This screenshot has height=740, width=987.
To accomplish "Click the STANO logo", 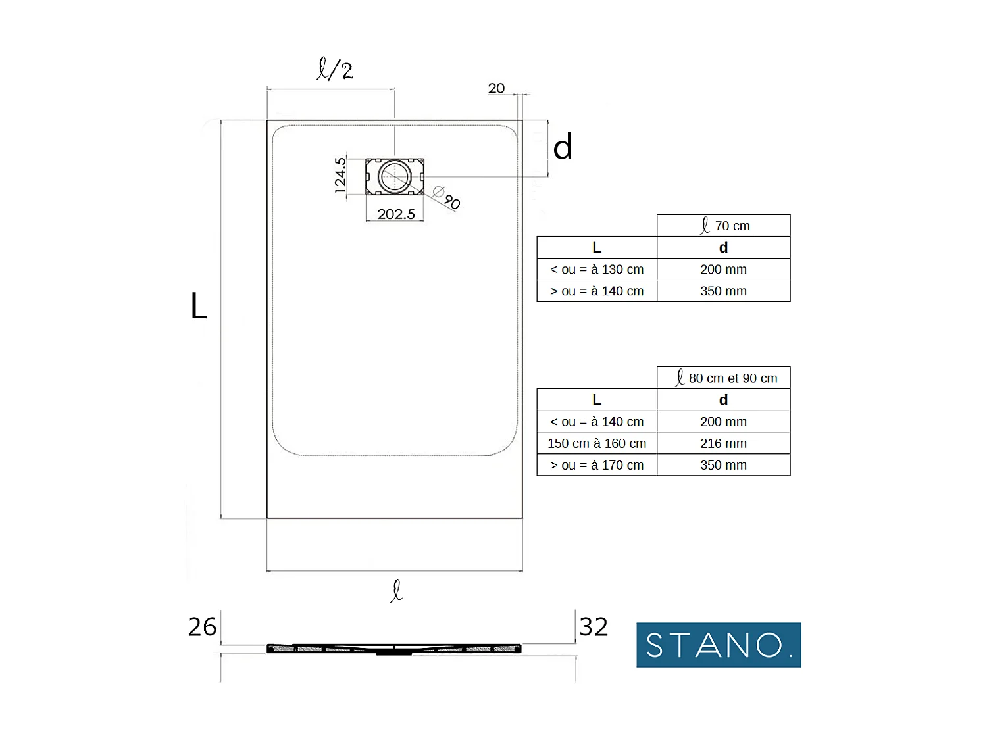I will (x=718, y=645).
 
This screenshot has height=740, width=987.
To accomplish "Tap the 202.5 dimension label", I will (x=396, y=214).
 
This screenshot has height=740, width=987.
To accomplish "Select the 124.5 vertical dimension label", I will (x=340, y=176).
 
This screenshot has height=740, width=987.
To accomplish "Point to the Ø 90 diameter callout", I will (x=447, y=197).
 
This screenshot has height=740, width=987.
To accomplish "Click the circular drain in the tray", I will (x=395, y=176).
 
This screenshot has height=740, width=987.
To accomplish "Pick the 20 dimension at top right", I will (x=496, y=88).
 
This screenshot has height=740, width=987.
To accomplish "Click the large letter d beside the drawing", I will (x=563, y=147).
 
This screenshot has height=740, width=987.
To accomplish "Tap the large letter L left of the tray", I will (x=198, y=307).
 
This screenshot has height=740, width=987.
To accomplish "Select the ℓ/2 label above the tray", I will (x=335, y=69).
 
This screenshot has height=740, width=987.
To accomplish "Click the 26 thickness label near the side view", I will (x=202, y=627).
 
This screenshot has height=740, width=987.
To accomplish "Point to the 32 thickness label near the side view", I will (x=594, y=627).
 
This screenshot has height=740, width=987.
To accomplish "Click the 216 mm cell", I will (x=723, y=443).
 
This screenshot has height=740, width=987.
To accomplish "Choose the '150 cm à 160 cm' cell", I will (x=597, y=443).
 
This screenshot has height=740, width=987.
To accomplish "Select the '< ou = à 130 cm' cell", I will (x=597, y=269).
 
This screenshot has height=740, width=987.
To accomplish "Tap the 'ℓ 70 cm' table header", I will (x=724, y=226).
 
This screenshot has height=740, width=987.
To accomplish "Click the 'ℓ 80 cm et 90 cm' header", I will (x=724, y=378).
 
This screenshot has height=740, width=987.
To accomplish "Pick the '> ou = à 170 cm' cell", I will (x=597, y=465).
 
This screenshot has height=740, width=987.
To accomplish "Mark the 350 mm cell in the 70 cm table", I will (x=723, y=291).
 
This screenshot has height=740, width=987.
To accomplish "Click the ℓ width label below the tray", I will (x=395, y=591).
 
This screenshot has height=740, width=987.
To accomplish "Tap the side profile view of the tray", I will (x=394, y=649).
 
